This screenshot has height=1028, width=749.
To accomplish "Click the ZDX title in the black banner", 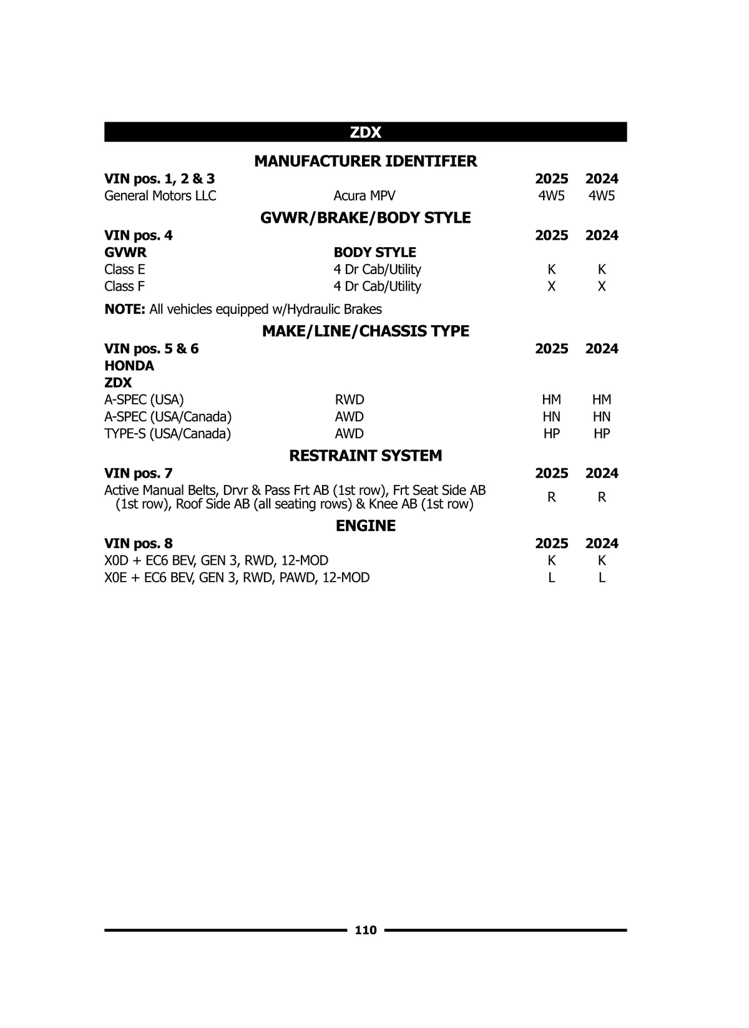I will click(x=365, y=132).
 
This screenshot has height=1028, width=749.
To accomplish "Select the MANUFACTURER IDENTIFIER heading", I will click(x=365, y=161).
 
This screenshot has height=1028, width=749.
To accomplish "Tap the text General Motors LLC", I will click(x=160, y=196).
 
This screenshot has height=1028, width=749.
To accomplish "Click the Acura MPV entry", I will click(x=364, y=196).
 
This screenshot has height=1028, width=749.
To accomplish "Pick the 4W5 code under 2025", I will click(x=551, y=196).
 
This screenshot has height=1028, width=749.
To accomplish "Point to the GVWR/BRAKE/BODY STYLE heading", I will click(x=365, y=218).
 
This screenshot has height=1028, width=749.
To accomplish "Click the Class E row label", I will click(x=125, y=270).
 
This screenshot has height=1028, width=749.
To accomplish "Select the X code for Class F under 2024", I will click(x=601, y=286).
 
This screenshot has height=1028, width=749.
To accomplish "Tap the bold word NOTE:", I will click(x=125, y=310).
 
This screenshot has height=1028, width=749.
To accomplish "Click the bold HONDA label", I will click(x=129, y=366).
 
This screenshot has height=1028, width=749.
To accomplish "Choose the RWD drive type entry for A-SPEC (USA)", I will click(x=350, y=400).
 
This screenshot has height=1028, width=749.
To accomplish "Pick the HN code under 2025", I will click(x=551, y=417).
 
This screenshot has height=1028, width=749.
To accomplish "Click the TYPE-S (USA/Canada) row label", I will click(x=167, y=434).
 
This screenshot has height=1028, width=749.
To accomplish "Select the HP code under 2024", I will click(x=601, y=434).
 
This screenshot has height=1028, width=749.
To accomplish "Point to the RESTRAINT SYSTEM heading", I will click(x=365, y=456).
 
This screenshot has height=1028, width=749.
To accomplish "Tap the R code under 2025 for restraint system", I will click(x=551, y=497).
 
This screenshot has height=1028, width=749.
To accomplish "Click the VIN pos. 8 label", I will click(x=139, y=544).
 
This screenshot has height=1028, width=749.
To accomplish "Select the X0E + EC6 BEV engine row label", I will click(x=237, y=578).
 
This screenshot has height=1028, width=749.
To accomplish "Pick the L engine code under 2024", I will click(x=601, y=578).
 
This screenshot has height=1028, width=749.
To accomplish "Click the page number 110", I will click(x=366, y=930).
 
